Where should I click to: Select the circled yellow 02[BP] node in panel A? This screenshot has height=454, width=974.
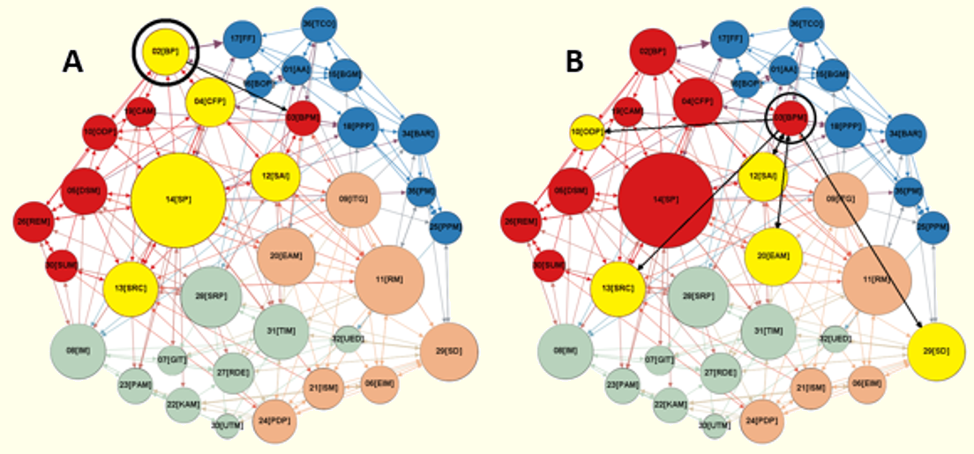pos(166,51)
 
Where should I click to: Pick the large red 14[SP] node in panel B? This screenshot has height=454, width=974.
pos(664,199)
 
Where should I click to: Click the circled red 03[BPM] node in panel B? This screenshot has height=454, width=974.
pos(790,116)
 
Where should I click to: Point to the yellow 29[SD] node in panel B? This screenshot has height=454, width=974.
pos(937,352)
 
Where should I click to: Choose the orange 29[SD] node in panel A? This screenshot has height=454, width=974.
pos(450,352)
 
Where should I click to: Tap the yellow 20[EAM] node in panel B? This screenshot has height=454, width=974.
pos(774,255)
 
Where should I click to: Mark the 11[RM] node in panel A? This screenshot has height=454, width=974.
pos(389,279)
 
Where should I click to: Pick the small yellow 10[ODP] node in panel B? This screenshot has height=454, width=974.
pos(587,131)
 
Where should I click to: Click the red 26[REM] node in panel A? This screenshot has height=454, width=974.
pos(33,222)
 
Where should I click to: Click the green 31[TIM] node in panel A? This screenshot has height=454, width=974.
pos(283,331)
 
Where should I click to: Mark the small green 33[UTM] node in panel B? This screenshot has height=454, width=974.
pos(716,426)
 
